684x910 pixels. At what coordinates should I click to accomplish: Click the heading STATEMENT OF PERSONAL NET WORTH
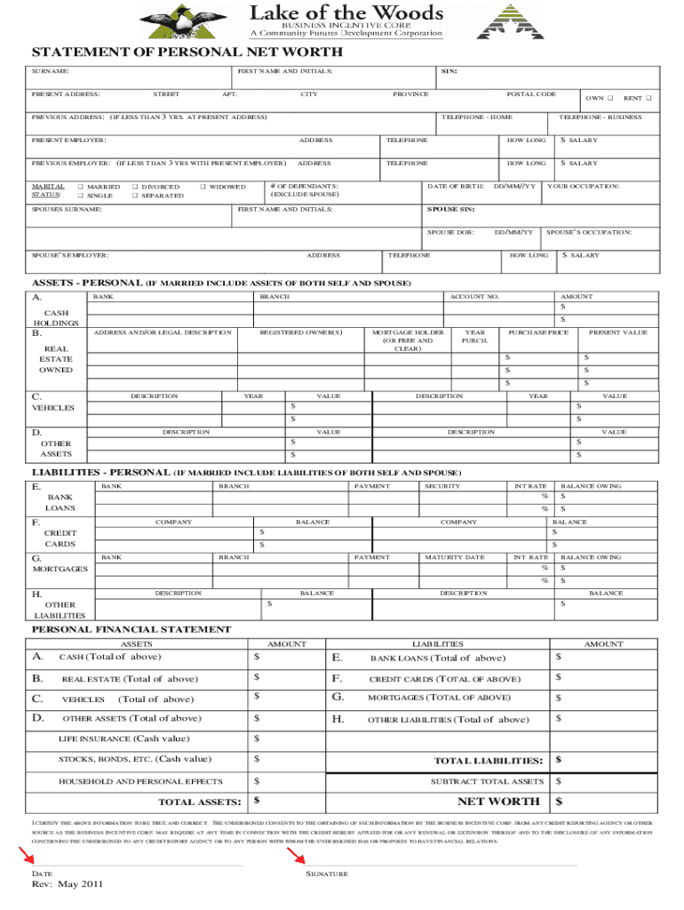coord(187,53)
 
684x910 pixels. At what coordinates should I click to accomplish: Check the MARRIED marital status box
coord(81,187)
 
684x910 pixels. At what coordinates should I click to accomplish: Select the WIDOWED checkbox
coord(203,187)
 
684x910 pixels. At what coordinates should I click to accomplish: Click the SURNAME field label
coord(51,70)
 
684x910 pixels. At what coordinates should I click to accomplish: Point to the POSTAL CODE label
coord(531,93)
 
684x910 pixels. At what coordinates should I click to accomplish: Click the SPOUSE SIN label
coord(451,209)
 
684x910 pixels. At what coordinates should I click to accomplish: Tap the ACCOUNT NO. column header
coord(474,296)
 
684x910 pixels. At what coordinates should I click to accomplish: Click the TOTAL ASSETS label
coord(200,802)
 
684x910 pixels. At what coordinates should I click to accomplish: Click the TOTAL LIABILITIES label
coord(488,761)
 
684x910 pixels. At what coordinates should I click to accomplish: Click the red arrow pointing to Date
coord(27,856)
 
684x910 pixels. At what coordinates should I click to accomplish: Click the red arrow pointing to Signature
coord(296,856)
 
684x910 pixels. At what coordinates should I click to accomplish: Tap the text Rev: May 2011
coord(68,885)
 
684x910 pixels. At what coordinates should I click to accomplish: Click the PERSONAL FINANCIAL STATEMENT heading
coord(131,629)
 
